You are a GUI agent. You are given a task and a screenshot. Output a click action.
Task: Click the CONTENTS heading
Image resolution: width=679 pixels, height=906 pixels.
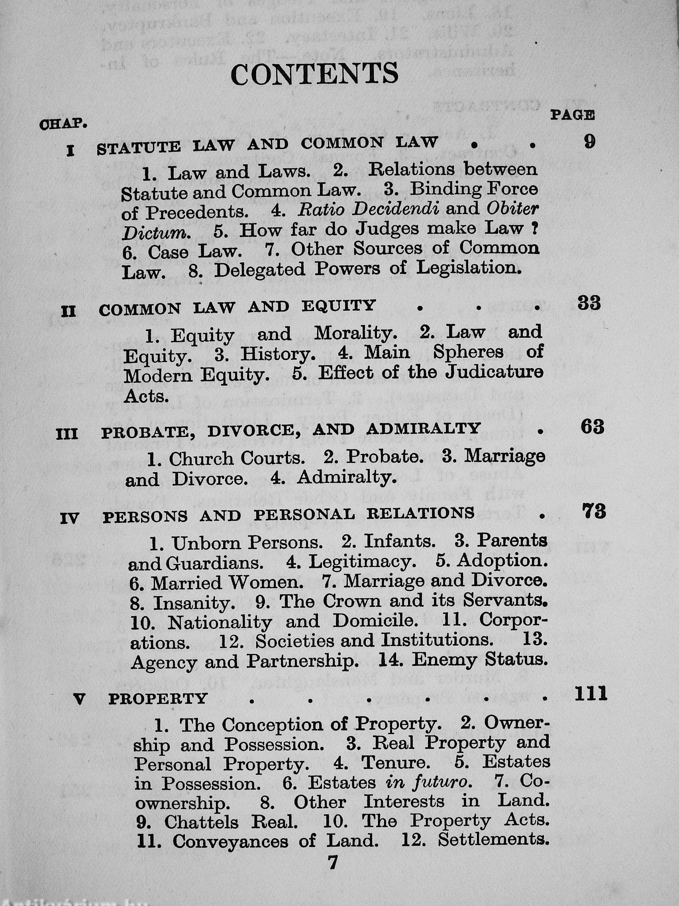click(x=314, y=74)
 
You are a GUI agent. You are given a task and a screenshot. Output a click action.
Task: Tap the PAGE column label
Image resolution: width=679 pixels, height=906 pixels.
click(x=572, y=115)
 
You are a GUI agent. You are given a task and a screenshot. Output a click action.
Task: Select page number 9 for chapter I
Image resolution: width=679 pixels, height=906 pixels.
click(x=589, y=142)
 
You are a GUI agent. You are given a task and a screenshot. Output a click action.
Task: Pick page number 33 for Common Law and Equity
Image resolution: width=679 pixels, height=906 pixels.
click(x=589, y=303)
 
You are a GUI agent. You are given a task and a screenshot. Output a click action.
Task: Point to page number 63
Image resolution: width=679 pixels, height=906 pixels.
click(x=592, y=427)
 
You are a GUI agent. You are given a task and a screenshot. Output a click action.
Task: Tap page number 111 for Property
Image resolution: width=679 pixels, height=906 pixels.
click(x=591, y=695)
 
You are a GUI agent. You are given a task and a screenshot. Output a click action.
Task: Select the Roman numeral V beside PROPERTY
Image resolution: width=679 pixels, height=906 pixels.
click(x=80, y=699)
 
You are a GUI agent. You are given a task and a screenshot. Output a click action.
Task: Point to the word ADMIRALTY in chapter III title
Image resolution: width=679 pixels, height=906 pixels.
click(x=423, y=428)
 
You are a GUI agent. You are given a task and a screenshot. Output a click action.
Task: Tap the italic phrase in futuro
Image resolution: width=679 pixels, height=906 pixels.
click(x=428, y=783)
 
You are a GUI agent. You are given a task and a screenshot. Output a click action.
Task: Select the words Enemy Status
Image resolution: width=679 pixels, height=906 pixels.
click(x=479, y=660)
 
